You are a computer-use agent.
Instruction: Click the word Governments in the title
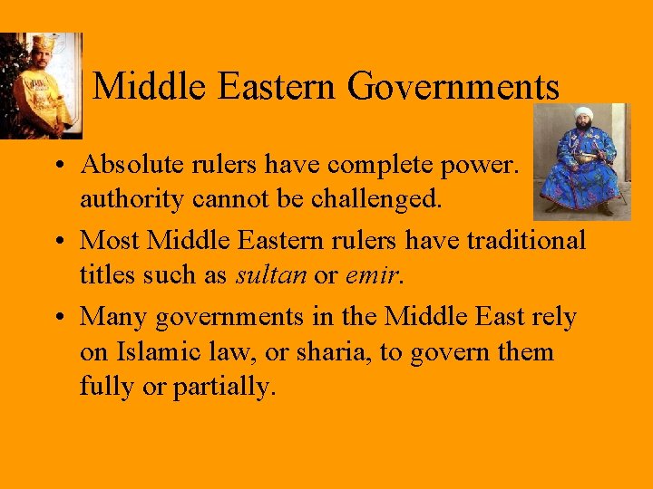(453, 88)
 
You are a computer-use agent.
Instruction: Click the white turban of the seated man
(582, 115)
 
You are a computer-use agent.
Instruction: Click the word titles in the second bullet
(106, 275)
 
